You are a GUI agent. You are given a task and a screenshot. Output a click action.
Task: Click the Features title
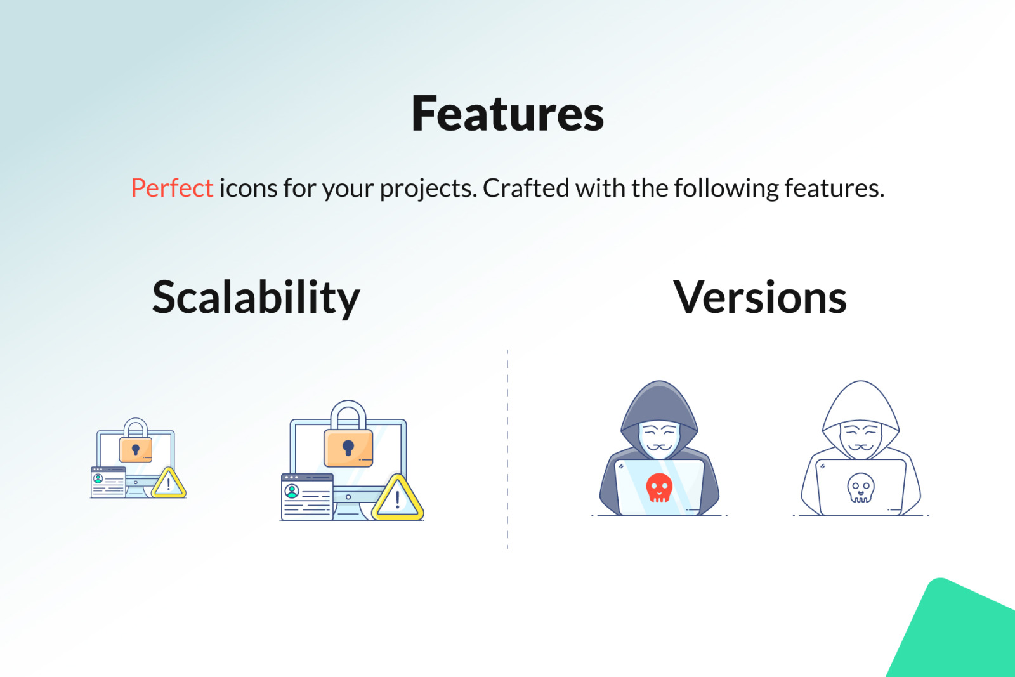point(507,114)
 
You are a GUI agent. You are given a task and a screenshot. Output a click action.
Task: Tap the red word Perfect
point(172,188)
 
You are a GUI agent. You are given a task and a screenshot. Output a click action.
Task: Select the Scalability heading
point(256,298)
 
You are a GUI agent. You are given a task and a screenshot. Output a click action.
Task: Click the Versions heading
point(760,298)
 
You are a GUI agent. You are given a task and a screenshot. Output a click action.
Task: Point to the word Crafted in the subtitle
point(526,188)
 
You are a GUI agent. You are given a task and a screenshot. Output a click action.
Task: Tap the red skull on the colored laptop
point(659,487)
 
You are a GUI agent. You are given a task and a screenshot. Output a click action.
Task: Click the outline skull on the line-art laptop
point(860,487)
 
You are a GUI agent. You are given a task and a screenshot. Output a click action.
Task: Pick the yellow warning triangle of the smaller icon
point(169,484)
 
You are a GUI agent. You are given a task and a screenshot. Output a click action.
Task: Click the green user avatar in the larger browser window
point(292,491)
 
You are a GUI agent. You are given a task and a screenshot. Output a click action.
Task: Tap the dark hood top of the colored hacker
point(659,401)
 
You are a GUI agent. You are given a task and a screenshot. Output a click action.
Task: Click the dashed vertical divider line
point(507,449)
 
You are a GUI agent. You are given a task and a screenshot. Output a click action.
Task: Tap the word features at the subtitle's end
point(835,188)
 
